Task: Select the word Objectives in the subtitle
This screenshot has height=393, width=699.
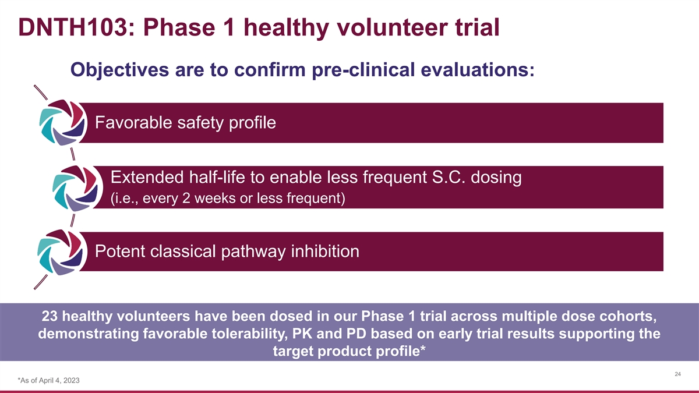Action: coord(120,70)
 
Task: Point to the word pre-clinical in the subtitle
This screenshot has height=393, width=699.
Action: coord(363,70)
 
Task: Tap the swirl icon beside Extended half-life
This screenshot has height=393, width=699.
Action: coord(77,188)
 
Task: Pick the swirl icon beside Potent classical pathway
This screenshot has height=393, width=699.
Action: coord(62,252)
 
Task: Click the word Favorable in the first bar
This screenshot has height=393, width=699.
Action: coord(133,122)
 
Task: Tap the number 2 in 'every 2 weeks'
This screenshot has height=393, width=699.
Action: coord(186,199)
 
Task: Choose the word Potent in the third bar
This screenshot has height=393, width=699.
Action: coord(120,252)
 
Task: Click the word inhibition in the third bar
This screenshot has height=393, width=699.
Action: coord(325,252)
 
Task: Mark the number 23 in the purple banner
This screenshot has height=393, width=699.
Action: coord(50,316)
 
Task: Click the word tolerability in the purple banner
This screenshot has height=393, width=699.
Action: coord(249,334)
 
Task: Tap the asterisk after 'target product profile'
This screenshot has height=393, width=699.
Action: coord(423,348)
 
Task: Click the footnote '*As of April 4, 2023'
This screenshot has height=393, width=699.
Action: coord(49,381)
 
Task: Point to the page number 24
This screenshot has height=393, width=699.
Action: coord(678,374)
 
